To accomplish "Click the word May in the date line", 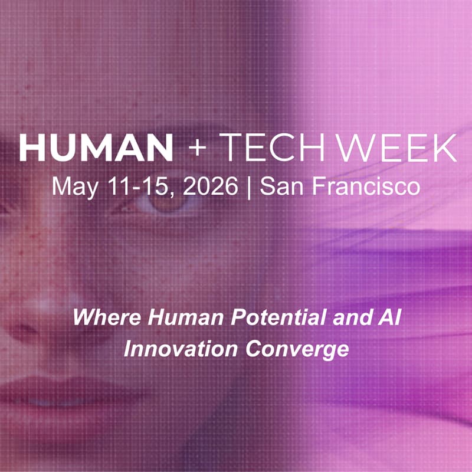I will pyautogui.click(x=73, y=188).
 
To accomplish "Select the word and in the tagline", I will pyautogui.click(x=351, y=319).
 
